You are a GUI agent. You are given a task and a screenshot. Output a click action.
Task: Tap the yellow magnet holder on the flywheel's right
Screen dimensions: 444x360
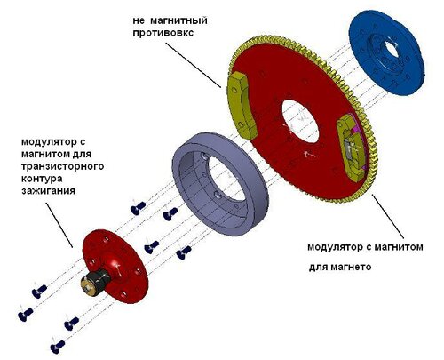(353, 148)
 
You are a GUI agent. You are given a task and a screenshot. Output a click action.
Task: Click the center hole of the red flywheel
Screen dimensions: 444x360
(299, 121)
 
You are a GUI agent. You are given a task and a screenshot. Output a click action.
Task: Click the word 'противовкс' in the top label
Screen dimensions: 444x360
(163, 33)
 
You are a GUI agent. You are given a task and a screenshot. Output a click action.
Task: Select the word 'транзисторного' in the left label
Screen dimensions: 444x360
(62, 166)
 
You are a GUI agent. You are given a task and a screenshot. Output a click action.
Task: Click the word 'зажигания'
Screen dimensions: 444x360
(48, 190)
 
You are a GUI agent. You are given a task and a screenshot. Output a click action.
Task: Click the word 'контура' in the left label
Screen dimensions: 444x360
(42, 179)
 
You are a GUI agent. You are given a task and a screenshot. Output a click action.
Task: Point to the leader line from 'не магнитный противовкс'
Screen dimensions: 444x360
(193, 65)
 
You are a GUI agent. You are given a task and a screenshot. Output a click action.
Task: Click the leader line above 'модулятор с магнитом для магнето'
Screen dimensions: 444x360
(387, 216)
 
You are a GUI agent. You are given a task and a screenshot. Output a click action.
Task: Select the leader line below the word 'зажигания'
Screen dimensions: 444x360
(59, 225)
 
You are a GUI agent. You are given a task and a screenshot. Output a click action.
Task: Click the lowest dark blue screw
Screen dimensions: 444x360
(58, 347)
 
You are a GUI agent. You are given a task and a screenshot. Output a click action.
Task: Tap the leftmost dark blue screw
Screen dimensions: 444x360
(25, 315)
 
